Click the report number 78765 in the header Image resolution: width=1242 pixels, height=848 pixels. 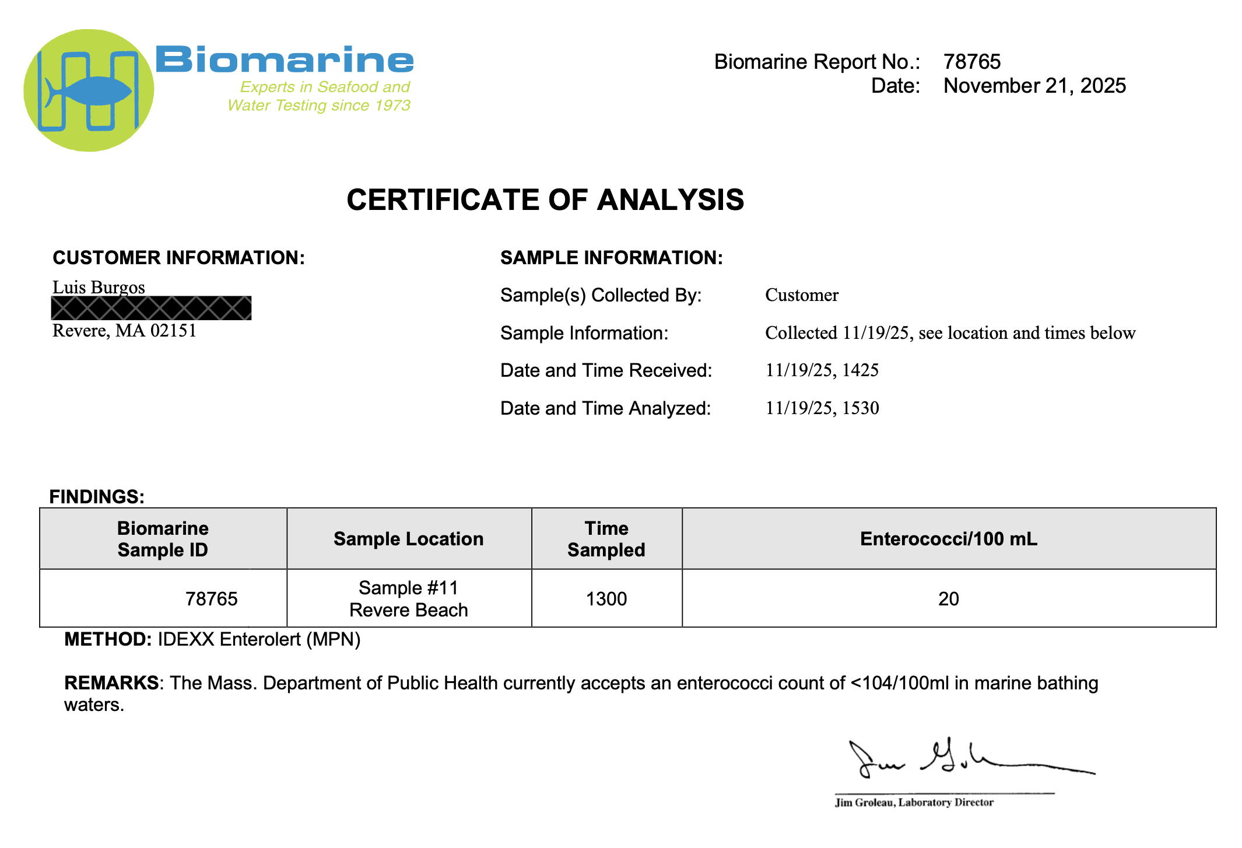(x=971, y=62)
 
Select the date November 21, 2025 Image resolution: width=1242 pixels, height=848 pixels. (x=1034, y=86)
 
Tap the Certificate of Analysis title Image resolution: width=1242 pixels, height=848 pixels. (x=545, y=200)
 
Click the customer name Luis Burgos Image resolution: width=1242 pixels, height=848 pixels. (x=99, y=287)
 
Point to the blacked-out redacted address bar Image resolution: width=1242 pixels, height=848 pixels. (x=151, y=308)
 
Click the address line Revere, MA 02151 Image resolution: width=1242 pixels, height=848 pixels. (x=124, y=331)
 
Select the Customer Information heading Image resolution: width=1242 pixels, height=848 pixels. (x=178, y=258)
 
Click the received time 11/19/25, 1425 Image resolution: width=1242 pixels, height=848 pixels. (x=822, y=370)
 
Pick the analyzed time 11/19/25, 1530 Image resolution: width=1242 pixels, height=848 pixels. (x=822, y=408)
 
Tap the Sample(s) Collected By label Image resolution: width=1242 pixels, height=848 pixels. (x=601, y=295)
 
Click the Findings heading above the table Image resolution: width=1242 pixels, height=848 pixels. (x=97, y=496)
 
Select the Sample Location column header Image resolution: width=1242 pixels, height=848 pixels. (x=408, y=539)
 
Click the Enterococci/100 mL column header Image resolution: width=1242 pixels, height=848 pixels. (x=948, y=539)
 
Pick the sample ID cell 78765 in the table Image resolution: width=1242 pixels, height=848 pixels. (x=211, y=599)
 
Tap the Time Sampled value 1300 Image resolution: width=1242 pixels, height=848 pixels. (x=606, y=599)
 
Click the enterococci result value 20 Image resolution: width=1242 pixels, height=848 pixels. (x=948, y=599)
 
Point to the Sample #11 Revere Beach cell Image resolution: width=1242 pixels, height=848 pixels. (x=408, y=599)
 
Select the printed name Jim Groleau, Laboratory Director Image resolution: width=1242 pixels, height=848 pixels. (x=914, y=803)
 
